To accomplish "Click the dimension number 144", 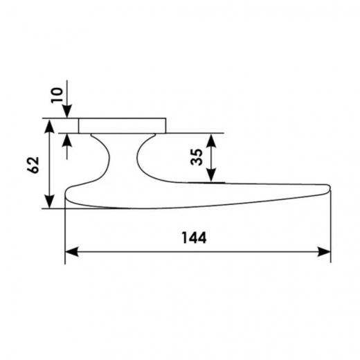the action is click(x=194, y=237).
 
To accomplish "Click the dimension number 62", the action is click(x=33, y=165).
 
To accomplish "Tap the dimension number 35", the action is click(x=197, y=157).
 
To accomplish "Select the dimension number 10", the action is click(x=57, y=95).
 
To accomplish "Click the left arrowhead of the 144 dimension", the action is click(x=71, y=251).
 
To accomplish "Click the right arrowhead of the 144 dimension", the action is click(x=324, y=251).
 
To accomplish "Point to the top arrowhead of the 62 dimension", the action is click(x=49, y=126).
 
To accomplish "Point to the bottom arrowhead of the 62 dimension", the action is click(x=49, y=201).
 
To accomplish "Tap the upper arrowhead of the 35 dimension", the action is click(x=211, y=141).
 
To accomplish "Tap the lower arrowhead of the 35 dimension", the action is click(x=211, y=175).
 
